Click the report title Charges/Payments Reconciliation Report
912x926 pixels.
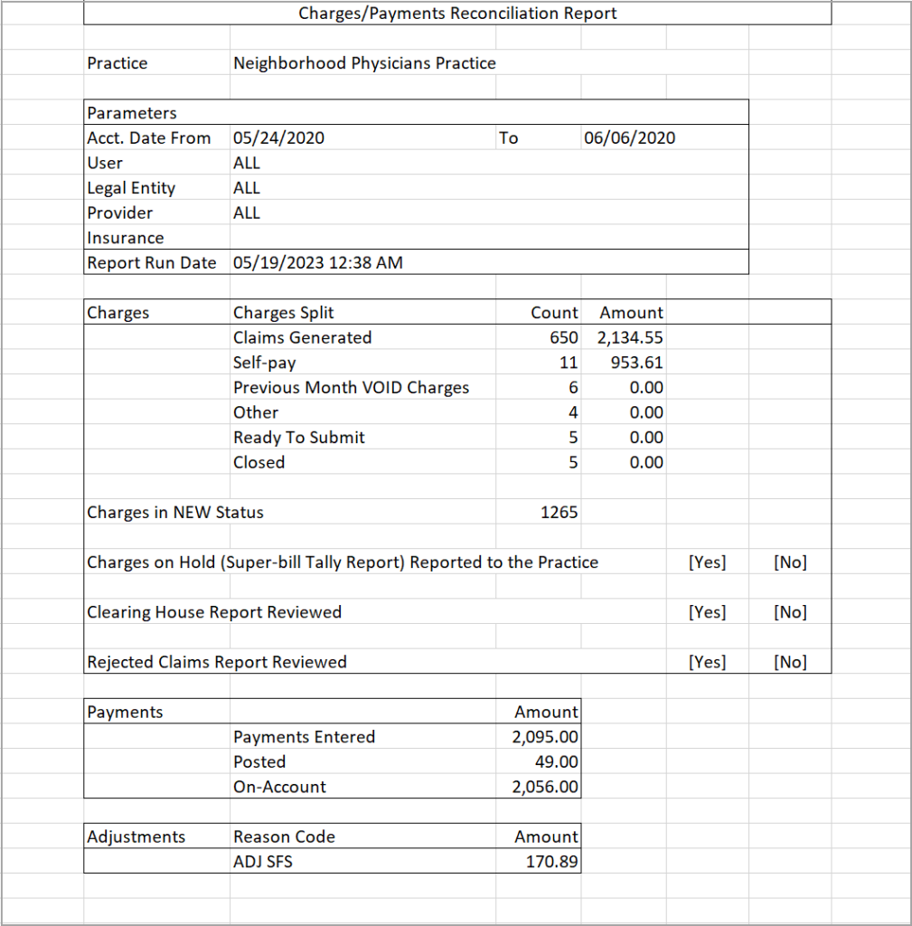[x=457, y=14]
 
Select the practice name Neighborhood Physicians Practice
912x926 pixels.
[x=364, y=63]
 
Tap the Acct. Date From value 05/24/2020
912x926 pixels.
[x=278, y=138]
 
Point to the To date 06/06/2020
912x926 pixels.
[x=629, y=138]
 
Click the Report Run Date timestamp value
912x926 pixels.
[x=317, y=263]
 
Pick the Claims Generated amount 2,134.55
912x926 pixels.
[x=630, y=338]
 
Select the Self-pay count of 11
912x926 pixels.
[x=568, y=363]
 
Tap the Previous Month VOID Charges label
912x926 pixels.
[x=351, y=388]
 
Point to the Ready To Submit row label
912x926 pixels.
[x=298, y=438]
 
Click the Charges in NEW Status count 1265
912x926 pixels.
[x=559, y=513]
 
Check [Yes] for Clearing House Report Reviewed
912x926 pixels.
[x=707, y=612]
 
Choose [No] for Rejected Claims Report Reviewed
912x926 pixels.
[x=790, y=662]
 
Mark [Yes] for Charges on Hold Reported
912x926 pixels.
[x=707, y=562]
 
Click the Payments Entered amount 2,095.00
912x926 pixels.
[x=545, y=737]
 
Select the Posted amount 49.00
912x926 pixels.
[x=557, y=762]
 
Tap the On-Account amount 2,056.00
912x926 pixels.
[x=545, y=787]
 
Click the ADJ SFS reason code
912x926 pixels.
[x=262, y=862]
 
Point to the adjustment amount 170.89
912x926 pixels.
[x=551, y=862]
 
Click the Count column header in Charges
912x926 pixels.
[x=554, y=313]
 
